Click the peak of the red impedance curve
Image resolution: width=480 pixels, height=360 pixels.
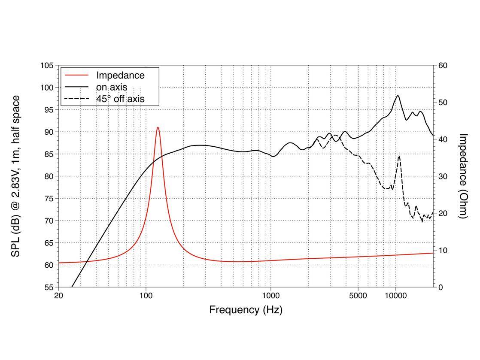click(x=158, y=127)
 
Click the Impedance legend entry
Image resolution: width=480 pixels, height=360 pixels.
click(x=120, y=76)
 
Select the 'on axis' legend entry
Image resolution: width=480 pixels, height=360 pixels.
click(x=111, y=87)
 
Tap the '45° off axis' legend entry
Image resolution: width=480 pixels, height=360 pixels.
click(x=120, y=99)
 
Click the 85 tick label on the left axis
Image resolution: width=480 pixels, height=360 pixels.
click(x=49, y=154)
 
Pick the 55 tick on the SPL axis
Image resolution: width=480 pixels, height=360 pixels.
click(x=49, y=287)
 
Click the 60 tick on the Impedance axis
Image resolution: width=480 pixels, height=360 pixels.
click(x=443, y=66)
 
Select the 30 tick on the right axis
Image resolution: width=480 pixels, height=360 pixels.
click(x=443, y=176)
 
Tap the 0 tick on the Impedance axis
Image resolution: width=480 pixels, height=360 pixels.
click(x=441, y=287)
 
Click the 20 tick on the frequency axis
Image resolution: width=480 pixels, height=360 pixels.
click(x=59, y=295)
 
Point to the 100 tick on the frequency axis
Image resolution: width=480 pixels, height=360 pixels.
click(x=146, y=295)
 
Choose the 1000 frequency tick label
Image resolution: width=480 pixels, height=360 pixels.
click(x=270, y=295)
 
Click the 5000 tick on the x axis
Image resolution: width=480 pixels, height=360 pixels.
click(x=358, y=295)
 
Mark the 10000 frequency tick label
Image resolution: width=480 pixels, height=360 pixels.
click(x=395, y=295)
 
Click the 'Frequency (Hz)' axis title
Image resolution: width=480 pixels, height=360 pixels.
click(x=246, y=310)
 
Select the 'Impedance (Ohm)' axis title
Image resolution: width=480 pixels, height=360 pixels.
click(x=463, y=176)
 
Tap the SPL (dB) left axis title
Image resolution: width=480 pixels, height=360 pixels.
click(x=15, y=176)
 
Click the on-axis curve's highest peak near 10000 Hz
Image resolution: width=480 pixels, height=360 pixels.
click(x=398, y=96)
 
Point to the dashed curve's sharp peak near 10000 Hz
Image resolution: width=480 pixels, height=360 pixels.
click(x=399, y=157)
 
